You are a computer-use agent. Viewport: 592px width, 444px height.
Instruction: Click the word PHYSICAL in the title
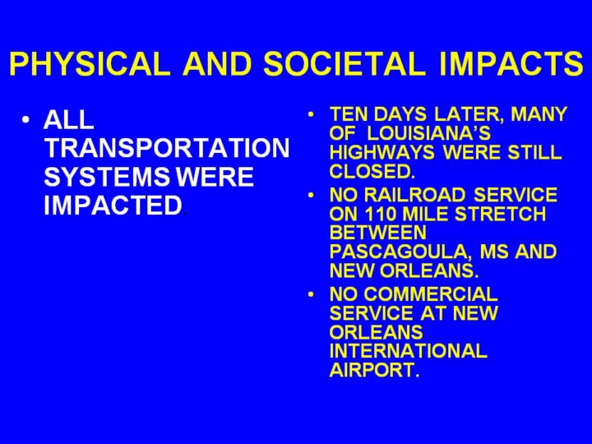point(90,63)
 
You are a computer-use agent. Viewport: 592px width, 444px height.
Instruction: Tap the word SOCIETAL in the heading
point(345,63)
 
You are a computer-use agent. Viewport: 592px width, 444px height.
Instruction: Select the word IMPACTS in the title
point(511,63)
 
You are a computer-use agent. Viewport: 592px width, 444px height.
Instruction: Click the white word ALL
point(68,120)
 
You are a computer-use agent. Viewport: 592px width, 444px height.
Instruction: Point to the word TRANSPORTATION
point(166,148)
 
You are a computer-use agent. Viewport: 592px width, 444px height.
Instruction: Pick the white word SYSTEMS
point(106,177)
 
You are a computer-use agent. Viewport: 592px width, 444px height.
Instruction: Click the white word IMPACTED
point(113,206)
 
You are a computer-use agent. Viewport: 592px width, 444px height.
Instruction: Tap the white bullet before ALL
point(25,120)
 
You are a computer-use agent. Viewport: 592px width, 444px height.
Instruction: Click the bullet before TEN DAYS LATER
point(311,114)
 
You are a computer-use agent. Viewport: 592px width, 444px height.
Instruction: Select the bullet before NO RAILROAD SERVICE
point(311,195)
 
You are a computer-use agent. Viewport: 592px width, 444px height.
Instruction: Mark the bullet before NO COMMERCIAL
point(311,294)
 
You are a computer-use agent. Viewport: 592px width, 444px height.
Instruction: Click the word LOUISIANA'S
point(428,133)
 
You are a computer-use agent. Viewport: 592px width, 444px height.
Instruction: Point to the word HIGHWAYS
point(382,153)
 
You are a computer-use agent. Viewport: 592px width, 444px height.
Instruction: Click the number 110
point(380,214)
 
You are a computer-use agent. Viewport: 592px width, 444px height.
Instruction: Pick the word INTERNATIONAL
point(408,351)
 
